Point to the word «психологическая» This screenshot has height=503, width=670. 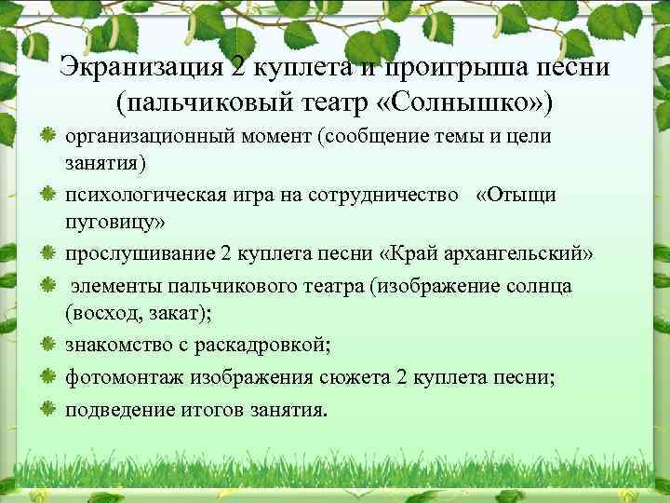click(137, 196)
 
